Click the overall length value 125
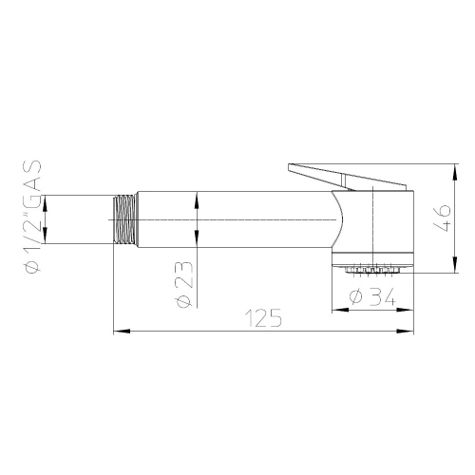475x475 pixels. [x=263, y=319]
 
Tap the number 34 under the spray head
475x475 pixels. [x=380, y=296]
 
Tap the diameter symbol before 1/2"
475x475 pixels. [x=30, y=266]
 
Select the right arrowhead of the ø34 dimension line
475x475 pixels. [x=411, y=310]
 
